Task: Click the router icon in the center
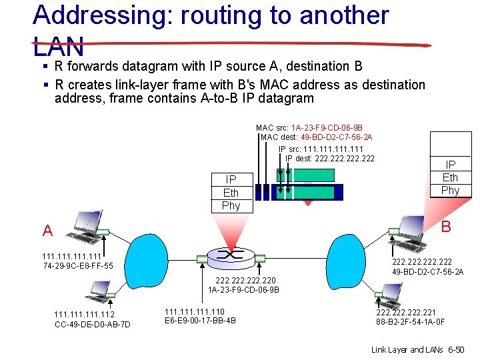click(x=231, y=255)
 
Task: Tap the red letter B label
click(x=446, y=227)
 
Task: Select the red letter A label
click(x=47, y=231)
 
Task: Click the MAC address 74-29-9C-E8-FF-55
click(x=77, y=266)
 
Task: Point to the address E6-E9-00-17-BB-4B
click(x=200, y=321)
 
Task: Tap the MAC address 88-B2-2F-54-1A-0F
click(x=411, y=322)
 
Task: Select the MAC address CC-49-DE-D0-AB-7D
click(x=92, y=325)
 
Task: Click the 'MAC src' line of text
click(x=309, y=127)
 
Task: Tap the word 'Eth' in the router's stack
click(x=231, y=193)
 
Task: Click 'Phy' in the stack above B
click(x=451, y=190)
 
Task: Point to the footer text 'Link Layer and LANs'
click(x=408, y=349)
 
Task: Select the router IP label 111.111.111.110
click(x=195, y=311)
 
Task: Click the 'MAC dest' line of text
click(x=317, y=137)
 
